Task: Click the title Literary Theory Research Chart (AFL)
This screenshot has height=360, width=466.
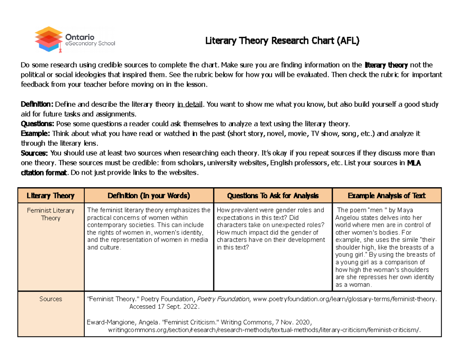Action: (283, 40)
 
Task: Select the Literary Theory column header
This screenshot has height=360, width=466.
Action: (50, 196)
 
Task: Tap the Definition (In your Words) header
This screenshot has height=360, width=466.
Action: (149, 196)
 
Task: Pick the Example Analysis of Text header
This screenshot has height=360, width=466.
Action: (387, 196)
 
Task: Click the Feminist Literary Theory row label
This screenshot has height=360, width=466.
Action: (50, 214)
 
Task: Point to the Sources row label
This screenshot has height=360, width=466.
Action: (50, 299)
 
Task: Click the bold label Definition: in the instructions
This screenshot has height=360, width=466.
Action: (37, 104)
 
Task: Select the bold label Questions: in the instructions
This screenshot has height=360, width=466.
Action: (37, 124)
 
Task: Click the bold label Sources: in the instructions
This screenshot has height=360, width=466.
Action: (35, 153)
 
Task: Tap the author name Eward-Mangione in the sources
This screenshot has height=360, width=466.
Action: (116, 322)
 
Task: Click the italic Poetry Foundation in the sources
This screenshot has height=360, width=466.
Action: (223, 299)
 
